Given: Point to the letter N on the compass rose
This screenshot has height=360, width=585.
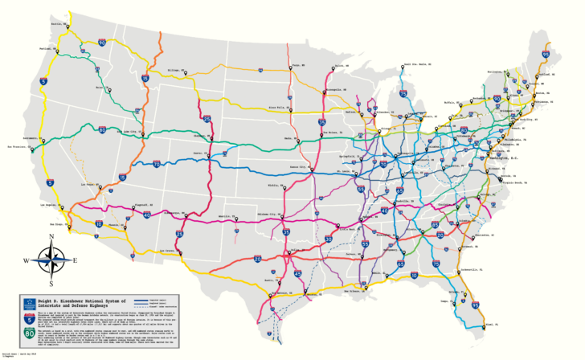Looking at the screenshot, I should point(51,237).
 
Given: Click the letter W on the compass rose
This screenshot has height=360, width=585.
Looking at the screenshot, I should point(26,260).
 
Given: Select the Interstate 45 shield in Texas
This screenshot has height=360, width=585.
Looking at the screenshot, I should point(297,274).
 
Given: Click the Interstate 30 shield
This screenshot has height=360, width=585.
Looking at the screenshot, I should point(328,239).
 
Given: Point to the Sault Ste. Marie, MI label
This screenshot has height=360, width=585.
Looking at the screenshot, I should point(418,63).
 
